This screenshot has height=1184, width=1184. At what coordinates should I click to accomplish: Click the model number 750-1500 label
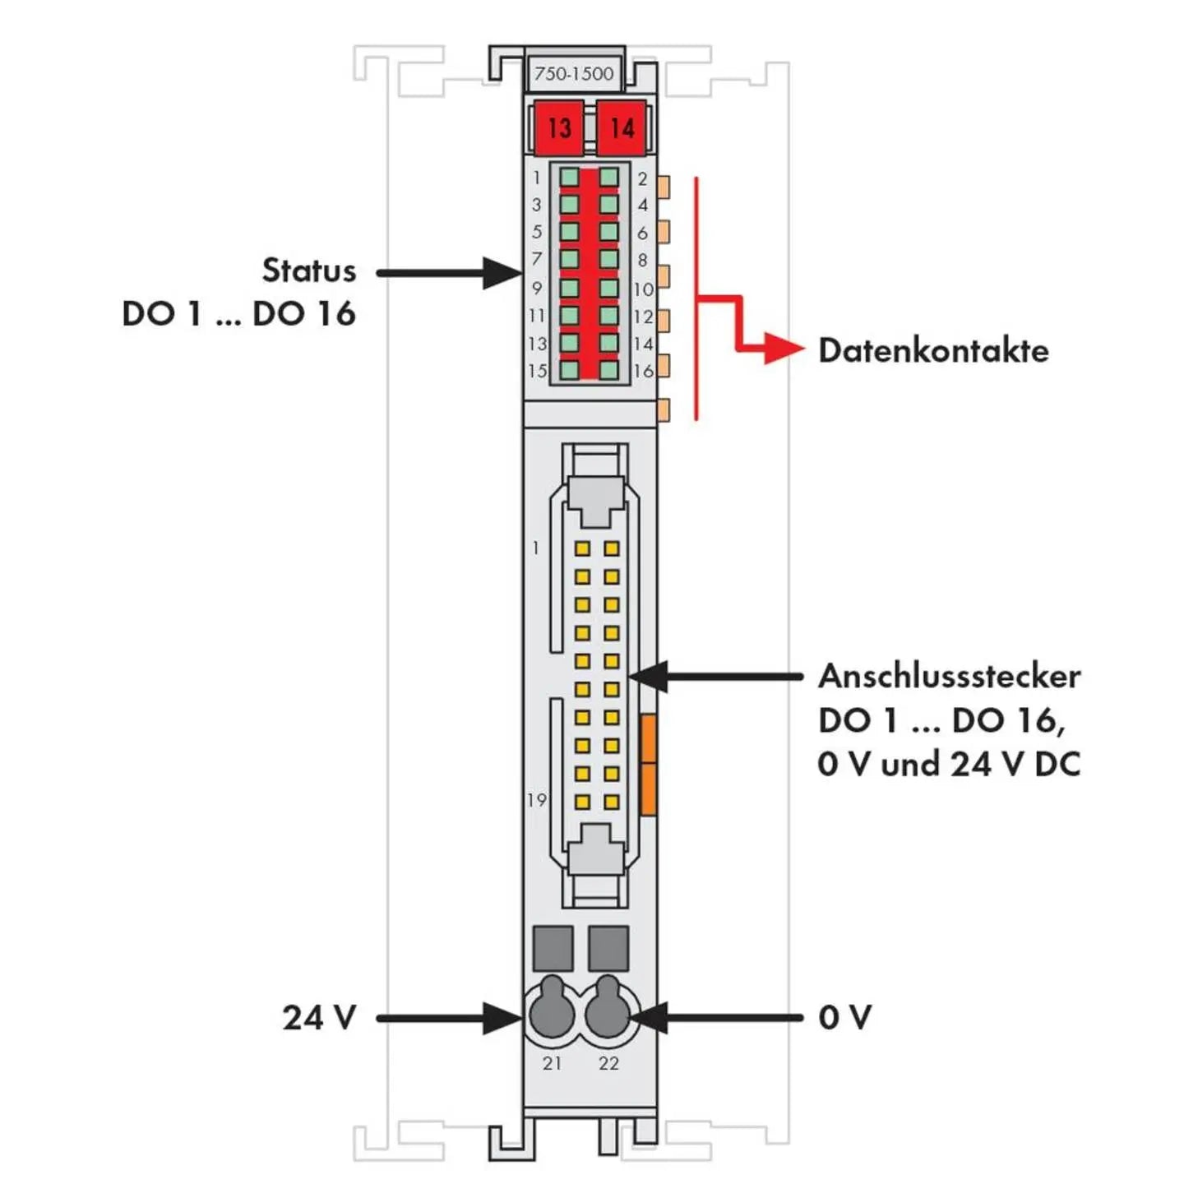point(573,74)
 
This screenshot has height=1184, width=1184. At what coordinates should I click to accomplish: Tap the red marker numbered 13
point(559,127)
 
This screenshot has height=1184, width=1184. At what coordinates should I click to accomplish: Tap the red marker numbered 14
point(622,127)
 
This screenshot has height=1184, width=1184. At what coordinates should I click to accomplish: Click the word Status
point(308,271)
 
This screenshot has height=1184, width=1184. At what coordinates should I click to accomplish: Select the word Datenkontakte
point(933,351)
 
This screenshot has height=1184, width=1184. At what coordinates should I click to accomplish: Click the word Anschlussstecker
point(949,676)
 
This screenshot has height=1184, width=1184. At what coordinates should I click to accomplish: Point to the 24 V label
point(319,1018)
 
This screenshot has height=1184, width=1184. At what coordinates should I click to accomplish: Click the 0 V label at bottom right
point(844,1018)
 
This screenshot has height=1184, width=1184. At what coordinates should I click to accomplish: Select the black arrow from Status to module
point(448,273)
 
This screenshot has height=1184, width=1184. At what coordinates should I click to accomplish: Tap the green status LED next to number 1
point(569,178)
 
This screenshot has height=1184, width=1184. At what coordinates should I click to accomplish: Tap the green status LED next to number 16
point(608,370)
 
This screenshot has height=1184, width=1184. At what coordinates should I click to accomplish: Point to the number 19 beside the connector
point(536,800)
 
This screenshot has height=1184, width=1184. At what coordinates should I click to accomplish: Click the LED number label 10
point(643,289)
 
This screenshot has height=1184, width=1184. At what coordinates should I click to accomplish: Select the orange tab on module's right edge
point(648,765)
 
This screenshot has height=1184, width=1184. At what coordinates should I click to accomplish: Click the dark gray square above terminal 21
point(553,948)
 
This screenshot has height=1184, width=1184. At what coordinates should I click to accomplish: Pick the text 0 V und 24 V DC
point(949,765)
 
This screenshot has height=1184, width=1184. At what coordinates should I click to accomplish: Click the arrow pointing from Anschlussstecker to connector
point(715,677)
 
